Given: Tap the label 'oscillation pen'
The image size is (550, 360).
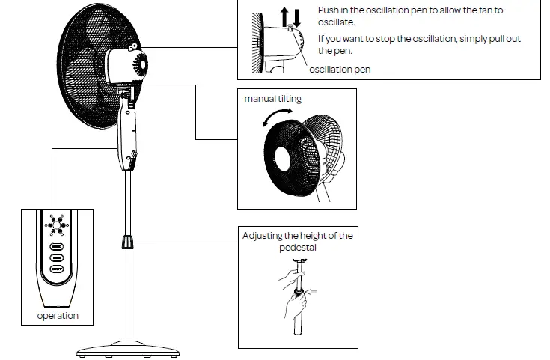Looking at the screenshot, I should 340,69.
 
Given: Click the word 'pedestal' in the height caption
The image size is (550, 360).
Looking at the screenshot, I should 297,246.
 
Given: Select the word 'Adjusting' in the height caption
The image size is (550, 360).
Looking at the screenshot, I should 263,236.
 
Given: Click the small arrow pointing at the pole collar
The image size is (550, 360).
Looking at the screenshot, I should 312,291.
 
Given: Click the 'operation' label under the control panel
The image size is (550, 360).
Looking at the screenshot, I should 58,316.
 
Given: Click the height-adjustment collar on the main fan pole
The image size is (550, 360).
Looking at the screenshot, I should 127,242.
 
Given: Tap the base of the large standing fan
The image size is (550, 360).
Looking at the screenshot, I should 127,348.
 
